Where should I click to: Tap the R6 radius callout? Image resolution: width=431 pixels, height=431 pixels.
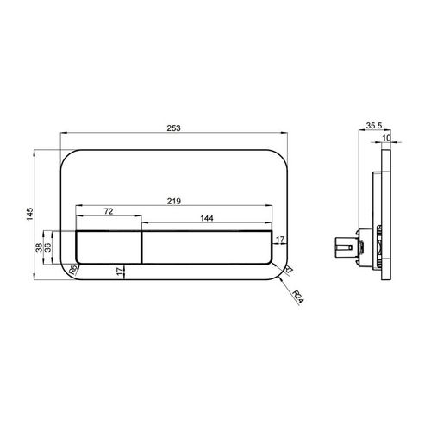tap(73, 268)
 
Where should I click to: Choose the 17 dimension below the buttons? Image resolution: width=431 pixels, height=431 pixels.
tap(118, 272)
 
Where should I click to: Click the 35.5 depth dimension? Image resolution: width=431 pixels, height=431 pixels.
tap(373, 126)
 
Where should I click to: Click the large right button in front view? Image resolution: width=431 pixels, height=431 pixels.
tap(206, 247)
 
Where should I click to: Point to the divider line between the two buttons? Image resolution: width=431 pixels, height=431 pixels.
tap(141, 247)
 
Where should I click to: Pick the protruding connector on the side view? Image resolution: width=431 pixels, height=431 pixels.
tap(345, 248)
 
